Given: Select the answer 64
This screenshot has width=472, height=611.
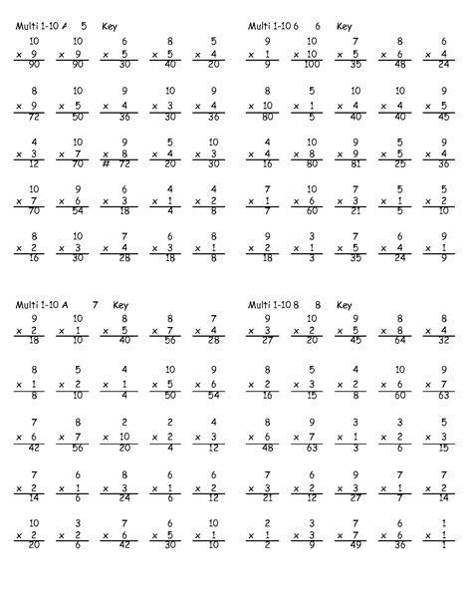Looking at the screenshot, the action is [400, 339].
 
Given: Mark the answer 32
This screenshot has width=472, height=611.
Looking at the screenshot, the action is [444, 339].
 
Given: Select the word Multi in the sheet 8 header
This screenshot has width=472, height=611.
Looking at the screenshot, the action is [261, 304].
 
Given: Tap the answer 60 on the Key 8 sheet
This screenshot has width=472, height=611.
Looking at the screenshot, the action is [400, 394].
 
